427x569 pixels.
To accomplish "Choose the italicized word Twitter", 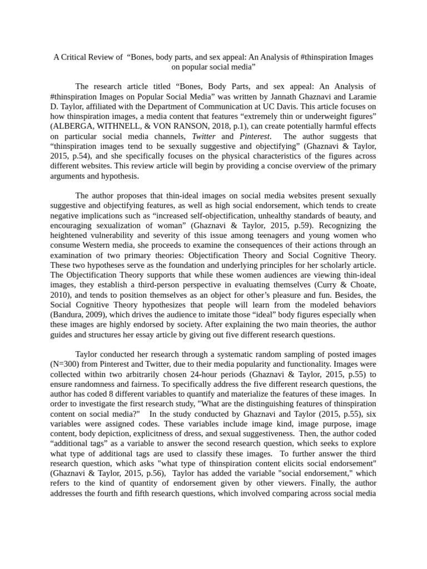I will (204, 136).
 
